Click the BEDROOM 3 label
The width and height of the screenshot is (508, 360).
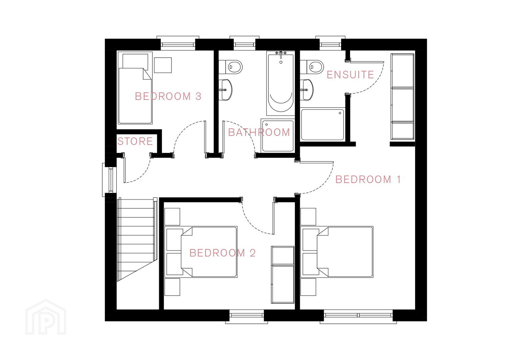click(x=168, y=96)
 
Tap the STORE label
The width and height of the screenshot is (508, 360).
click(x=135, y=141)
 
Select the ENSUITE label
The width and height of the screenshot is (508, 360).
click(x=350, y=75)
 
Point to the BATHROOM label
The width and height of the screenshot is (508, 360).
click(x=259, y=132)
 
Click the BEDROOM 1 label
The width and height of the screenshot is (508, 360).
click(x=368, y=179)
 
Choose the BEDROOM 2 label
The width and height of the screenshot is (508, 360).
click(x=222, y=253)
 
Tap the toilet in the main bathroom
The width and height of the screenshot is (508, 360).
click(x=231, y=67)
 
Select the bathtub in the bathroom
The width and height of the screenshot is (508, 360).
click(x=280, y=83)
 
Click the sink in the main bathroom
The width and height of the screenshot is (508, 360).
click(x=226, y=90)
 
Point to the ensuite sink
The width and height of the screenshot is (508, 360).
click(x=307, y=90)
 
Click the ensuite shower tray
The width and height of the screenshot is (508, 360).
click(x=322, y=125)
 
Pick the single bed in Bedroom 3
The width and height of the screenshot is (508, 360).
click(x=135, y=88)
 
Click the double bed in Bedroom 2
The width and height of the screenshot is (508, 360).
click(x=201, y=252)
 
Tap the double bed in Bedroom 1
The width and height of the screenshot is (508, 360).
click(x=337, y=252)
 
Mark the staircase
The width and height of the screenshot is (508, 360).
click(x=137, y=239)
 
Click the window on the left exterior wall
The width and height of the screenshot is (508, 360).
click(x=109, y=180)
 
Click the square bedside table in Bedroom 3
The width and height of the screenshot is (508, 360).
click(x=163, y=65)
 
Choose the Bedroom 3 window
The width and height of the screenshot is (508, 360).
click(x=178, y=43)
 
